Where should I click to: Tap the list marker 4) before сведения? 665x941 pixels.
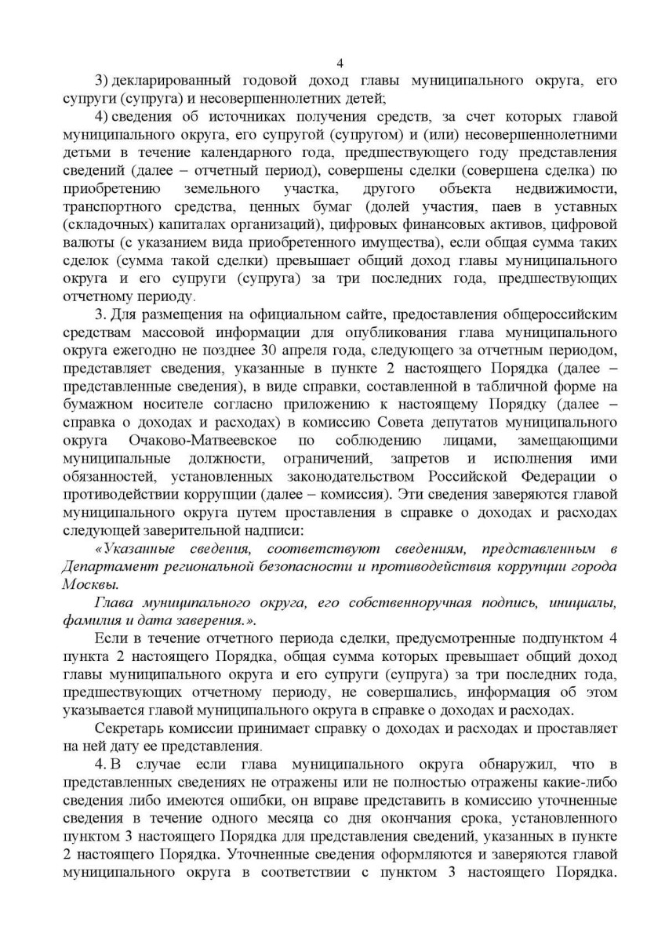(102, 117)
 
